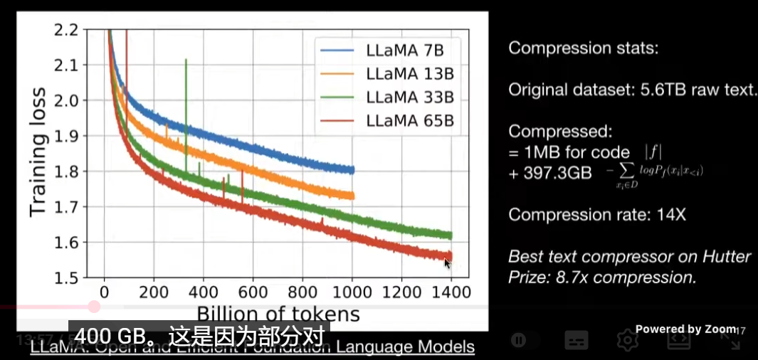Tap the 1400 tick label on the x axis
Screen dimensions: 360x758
451,292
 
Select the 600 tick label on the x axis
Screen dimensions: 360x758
253,292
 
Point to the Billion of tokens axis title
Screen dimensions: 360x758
278,314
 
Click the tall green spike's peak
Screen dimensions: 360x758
186,60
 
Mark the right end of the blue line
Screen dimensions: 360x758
353,169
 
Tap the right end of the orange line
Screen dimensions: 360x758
353,195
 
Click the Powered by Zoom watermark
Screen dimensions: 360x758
685,329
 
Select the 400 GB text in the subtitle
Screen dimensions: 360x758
111,337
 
